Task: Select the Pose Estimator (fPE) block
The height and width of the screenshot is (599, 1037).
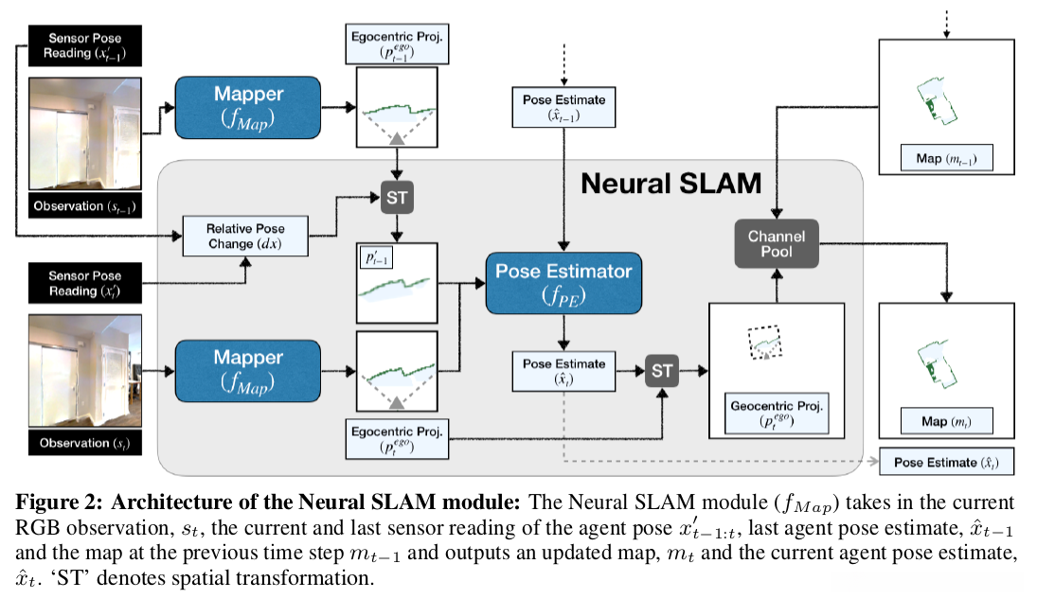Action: click(564, 282)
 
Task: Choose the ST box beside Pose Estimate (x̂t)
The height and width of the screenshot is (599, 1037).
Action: click(662, 371)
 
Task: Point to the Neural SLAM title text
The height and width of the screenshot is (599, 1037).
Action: click(670, 183)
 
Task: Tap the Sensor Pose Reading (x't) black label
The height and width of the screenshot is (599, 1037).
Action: click(85, 284)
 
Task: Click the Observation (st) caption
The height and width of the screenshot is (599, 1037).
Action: click(85, 442)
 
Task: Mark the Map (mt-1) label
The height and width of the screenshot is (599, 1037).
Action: click(940, 157)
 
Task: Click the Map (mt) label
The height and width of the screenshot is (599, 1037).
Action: click(940, 420)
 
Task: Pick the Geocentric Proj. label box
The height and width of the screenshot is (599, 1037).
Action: click(775, 414)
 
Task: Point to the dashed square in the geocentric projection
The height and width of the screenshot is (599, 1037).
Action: click(764, 343)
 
